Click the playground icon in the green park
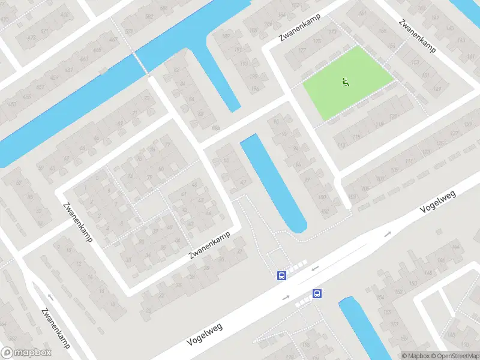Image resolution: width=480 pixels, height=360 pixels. tap(345, 82)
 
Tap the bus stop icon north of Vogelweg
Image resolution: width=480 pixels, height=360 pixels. tap(281, 275)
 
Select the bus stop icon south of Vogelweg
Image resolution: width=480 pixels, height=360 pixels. tap(317, 293)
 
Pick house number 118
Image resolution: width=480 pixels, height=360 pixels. tap(356, 137)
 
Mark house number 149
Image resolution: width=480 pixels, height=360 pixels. tap(436, 89)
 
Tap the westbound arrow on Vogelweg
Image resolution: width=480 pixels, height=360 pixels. tap(314, 269)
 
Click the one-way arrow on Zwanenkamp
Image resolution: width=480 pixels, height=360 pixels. tap(50, 297)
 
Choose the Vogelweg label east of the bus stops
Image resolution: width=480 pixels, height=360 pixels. tap(438, 201)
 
